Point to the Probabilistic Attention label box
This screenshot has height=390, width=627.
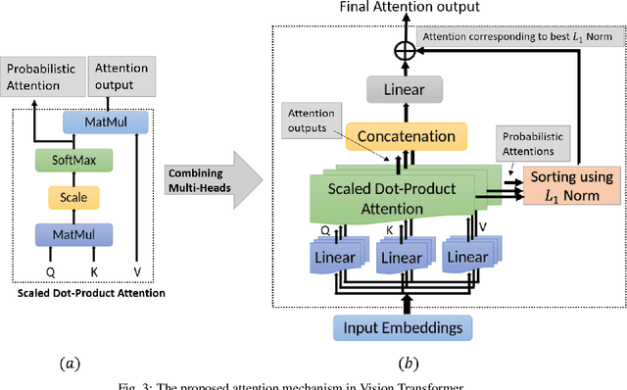click(x=42, y=77)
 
